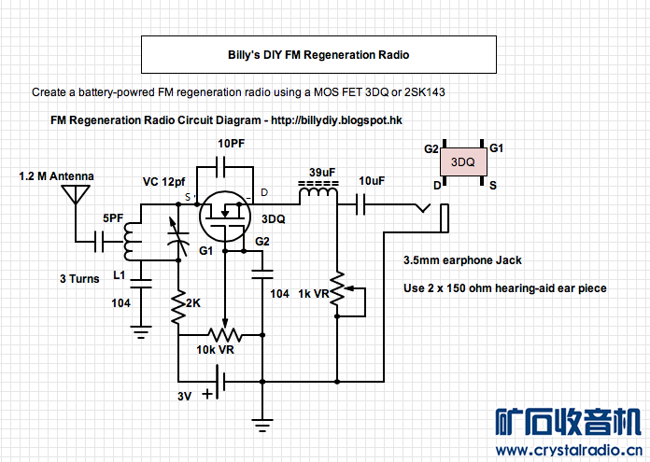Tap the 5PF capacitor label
[113, 217]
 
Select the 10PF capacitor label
[233, 145]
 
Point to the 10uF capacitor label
[371, 180]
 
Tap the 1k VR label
[315, 293]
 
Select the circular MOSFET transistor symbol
[225, 216]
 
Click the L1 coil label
[119, 275]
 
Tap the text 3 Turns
[79, 279]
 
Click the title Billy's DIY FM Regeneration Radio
[318, 55]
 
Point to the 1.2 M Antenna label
[57, 176]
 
